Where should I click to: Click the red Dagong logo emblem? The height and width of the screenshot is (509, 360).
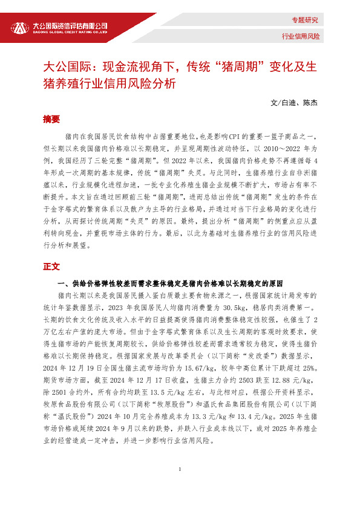point(21,28)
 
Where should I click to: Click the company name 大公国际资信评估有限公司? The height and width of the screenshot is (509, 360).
point(70,25)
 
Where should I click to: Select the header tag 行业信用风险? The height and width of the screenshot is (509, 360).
point(300,37)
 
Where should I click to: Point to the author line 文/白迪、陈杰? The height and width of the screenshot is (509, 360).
point(295,102)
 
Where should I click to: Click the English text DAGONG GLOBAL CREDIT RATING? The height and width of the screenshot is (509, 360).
point(70,33)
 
